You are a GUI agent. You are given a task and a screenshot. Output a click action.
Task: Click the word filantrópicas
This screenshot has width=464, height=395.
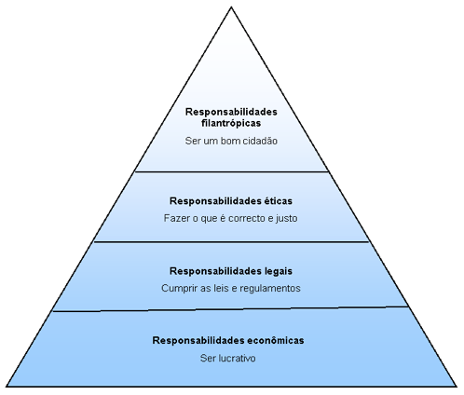click(231, 124)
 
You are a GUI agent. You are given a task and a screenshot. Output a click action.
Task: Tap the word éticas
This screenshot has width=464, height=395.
click(279, 201)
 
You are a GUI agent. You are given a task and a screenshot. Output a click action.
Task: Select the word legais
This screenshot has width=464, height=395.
click(279, 271)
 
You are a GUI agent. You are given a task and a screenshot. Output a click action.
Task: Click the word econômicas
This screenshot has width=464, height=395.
click(276, 340)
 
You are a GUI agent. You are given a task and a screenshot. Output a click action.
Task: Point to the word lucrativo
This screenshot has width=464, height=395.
click(238, 358)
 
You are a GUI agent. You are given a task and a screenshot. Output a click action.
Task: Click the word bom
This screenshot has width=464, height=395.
click(230, 141)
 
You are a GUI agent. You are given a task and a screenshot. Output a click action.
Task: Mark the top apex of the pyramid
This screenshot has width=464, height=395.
click(231, 7)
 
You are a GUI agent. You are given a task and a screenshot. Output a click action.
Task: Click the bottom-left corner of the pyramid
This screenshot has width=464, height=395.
click(7, 387)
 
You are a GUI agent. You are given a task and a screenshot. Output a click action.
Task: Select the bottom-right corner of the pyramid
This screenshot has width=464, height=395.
click(457, 387)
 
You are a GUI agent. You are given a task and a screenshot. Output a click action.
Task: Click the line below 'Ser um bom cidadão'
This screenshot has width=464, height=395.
click(232, 171)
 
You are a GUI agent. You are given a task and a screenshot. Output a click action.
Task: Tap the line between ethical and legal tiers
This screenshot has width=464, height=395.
click(232, 241)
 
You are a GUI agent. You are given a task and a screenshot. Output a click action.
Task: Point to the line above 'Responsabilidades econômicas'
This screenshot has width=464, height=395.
click(230, 308)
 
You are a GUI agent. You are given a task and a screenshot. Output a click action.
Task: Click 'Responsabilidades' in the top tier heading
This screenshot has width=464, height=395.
click(231, 112)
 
